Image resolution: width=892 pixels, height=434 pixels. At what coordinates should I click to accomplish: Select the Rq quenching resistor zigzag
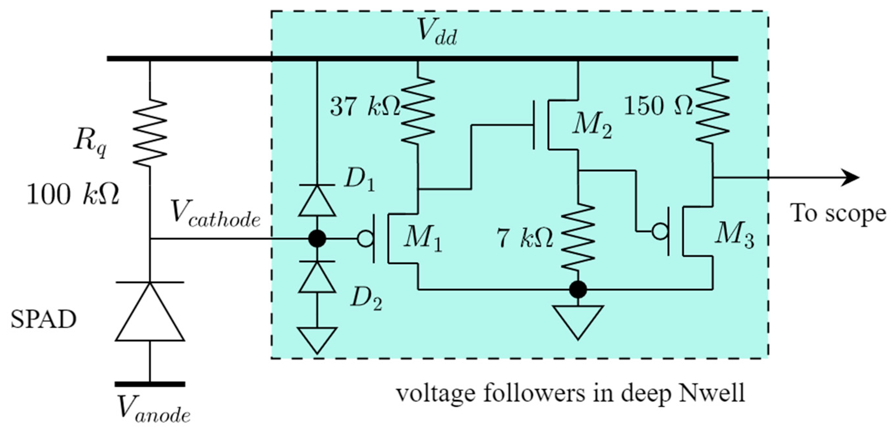(150, 132)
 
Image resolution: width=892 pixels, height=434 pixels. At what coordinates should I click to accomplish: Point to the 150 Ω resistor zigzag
(712, 109)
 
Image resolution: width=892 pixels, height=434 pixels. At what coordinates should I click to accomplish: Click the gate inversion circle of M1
(365, 239)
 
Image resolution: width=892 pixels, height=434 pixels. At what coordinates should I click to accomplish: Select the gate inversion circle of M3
(660, 231)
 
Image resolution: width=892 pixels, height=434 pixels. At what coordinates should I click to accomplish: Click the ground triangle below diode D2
(317, 340)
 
